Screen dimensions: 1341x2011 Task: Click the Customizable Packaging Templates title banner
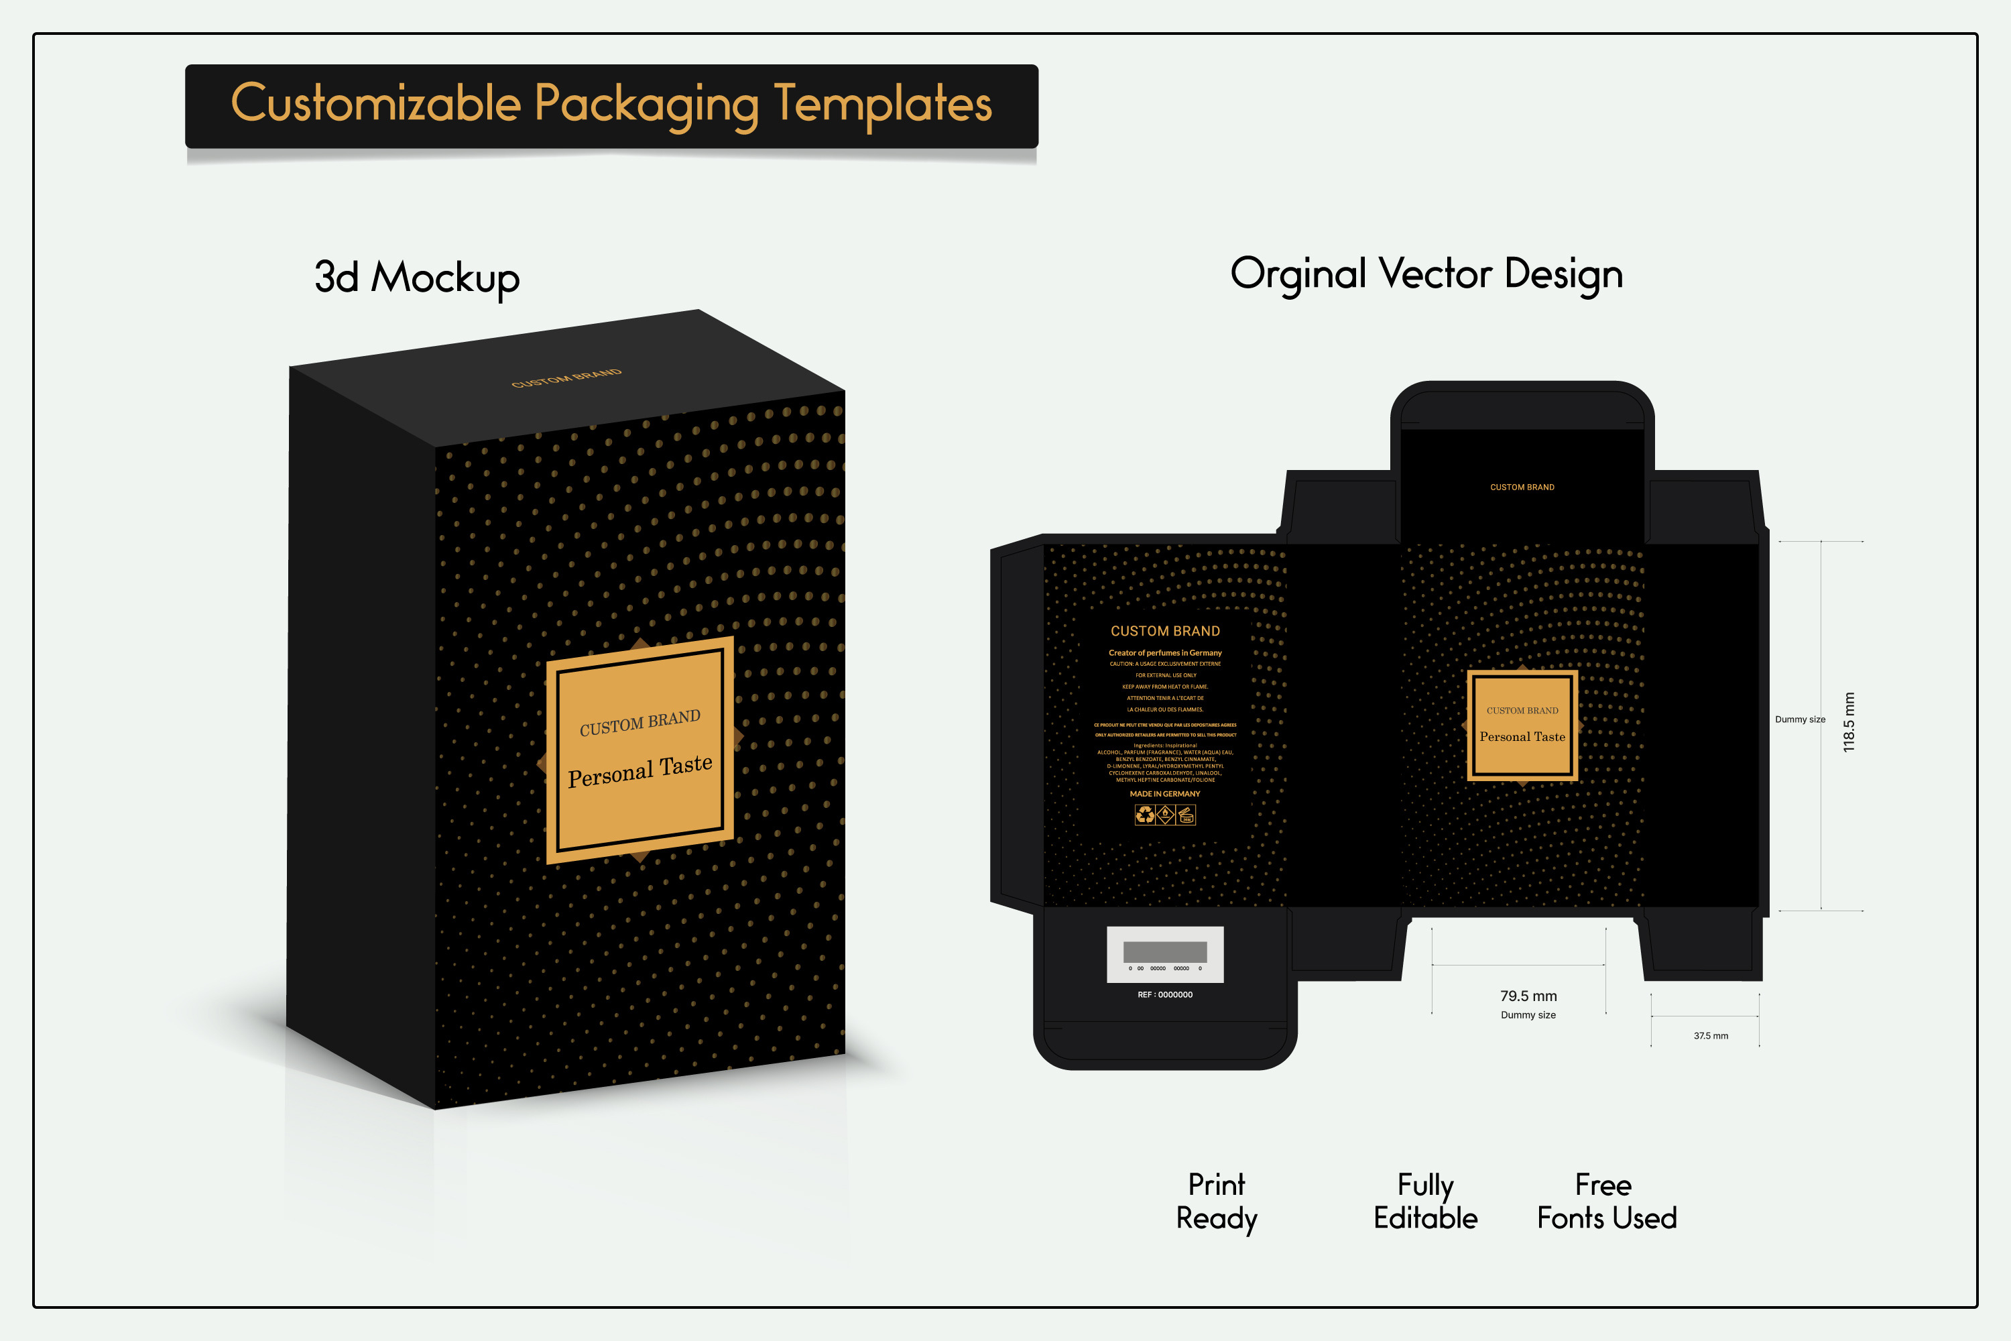(611, 105)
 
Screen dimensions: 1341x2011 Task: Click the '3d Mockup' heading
(417, 277)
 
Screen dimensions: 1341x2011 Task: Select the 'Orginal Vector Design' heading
(1426, 274)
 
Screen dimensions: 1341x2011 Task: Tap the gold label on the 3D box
(639, 749)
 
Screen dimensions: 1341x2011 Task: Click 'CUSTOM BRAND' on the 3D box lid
(566, 378)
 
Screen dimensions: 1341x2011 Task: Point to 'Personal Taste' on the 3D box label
(639, 770)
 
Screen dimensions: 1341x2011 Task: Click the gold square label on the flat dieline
(1522, 725)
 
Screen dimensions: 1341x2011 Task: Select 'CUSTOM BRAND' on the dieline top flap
(1522, 487)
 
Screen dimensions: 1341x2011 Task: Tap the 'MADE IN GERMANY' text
(1164, 794)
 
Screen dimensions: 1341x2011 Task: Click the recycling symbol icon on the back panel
(1145, 815)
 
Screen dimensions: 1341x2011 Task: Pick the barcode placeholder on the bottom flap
(1164, 953)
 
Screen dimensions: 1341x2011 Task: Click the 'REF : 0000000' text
(1164, 994)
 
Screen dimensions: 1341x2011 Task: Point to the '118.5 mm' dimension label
(1849, 722)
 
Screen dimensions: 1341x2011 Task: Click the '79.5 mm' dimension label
(1528, 996)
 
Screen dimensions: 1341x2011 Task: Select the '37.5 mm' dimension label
(1710, 1036)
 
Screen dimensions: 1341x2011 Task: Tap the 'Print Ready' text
(1217, 1201)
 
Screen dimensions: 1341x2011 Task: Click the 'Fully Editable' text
(1425, 1201)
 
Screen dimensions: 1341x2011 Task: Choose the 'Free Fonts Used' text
(1605, 1201)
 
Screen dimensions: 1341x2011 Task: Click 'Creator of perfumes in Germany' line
(1164, 652)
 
